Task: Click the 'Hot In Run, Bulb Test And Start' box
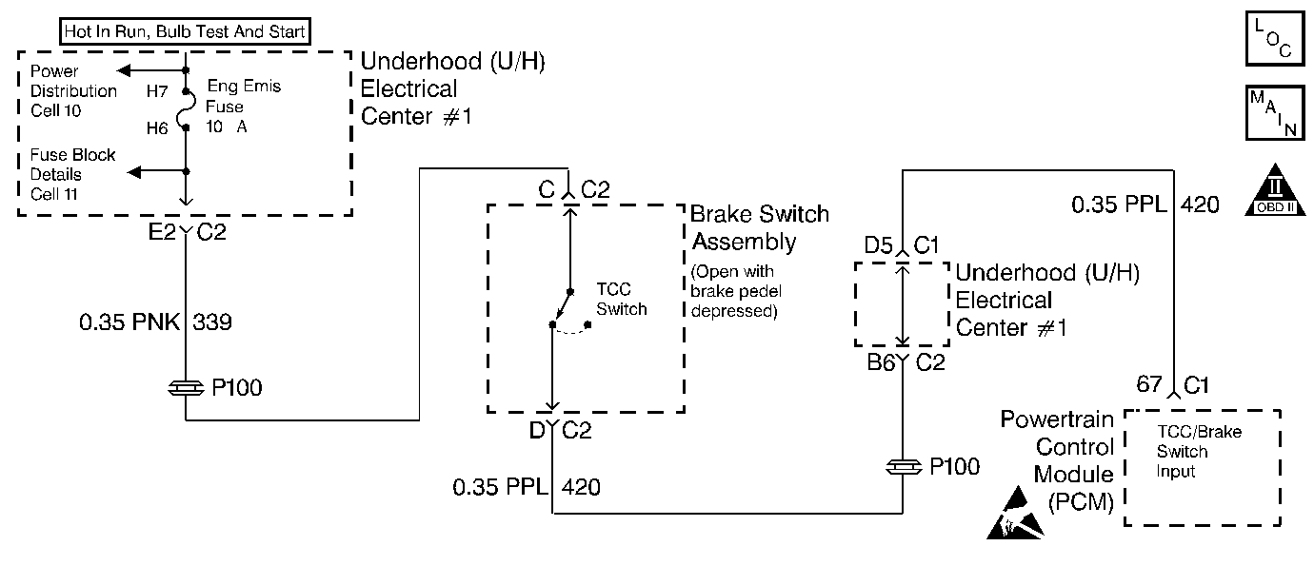pos(185,31)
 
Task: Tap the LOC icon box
pos(1275,38)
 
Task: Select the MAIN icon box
pos(1275,112)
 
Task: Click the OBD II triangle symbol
pos(1275,190)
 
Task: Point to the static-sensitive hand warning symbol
pos(1015,513)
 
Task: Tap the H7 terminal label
pos(157,91)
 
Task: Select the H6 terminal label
pos(157,127)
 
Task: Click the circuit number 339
pos(212,322)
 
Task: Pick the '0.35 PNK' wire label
pos(129,322)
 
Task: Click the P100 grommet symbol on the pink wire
pos(186,387)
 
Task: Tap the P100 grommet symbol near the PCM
pos(904,467)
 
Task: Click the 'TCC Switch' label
pos(621,299)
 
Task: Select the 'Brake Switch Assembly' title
pos(760,227)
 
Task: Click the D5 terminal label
pos(878,245)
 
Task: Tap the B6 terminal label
pos(881,362)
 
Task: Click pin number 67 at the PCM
pos(1148,384)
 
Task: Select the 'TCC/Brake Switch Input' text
pos(1199,451)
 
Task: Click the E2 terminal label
pos(162,232)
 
